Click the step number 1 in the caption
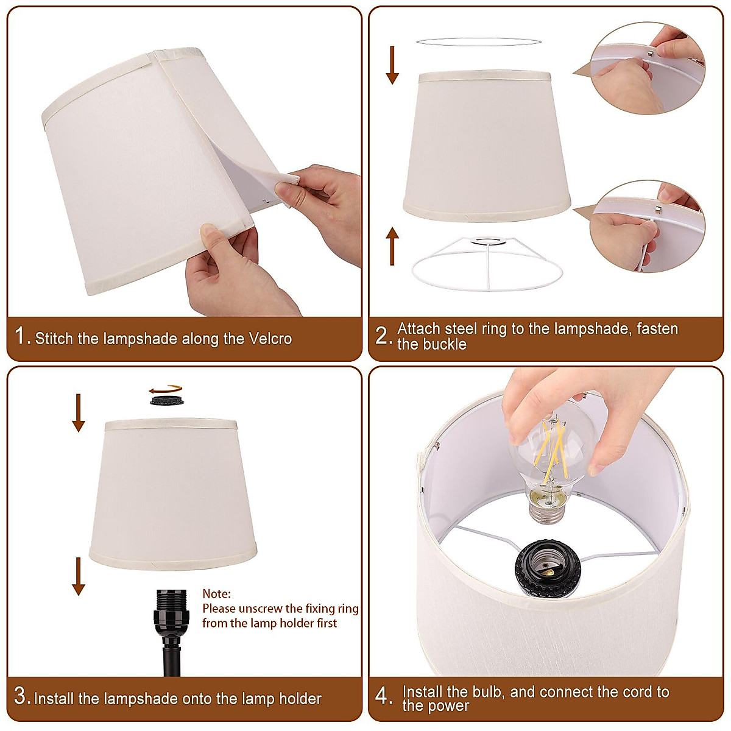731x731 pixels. tap(21, 336)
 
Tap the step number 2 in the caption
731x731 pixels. tap(383, 336)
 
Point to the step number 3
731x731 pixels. tap(21, 696)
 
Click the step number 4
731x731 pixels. tap(383, 696)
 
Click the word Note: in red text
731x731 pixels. tap(217, 593)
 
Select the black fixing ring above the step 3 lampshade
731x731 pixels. tap(167, 400)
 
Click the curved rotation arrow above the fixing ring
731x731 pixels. tap(166, 388)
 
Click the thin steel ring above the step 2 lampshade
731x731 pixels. tap(478, 41)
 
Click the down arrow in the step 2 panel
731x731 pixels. tap(392, 65)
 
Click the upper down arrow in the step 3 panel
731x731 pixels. tap(79, 412)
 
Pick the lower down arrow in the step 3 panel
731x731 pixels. tap(79, 576)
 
